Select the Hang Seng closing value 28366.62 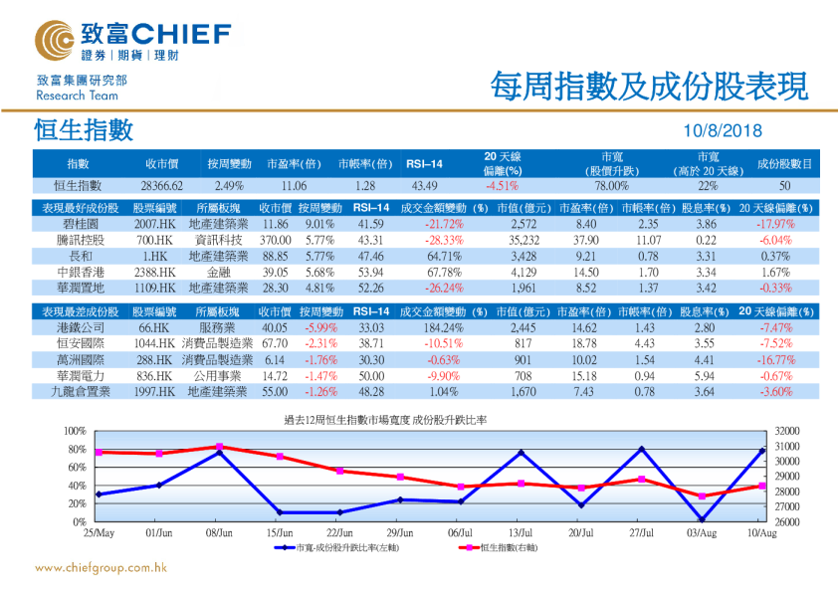tap(162, 186)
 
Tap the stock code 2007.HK tap(155, 225)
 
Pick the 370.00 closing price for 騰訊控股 tap(276, 240)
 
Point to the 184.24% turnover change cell tap(442, 327)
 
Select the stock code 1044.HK tap(155, 343)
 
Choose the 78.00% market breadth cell tap(611, 186)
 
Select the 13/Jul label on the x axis tap(523, 533)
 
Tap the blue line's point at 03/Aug tap(702, 519)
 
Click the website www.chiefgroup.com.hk tap(100, 568)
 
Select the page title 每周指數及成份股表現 tap(649, 87)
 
